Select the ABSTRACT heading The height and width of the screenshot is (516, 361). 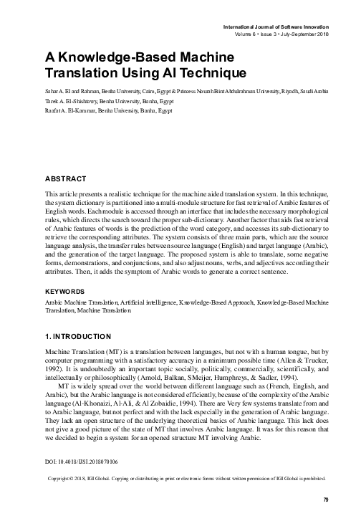[x=65, y=178]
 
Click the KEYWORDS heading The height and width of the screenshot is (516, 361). [x=67, y=292]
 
